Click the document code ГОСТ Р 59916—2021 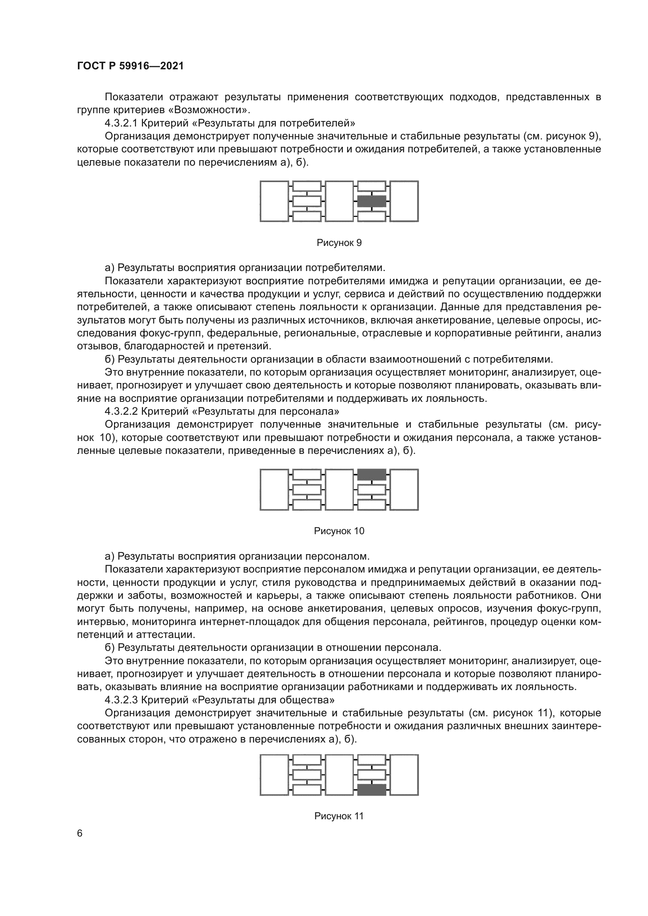130,66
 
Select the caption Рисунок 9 339,243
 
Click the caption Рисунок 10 339,531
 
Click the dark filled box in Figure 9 371,201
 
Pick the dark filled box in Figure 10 371,475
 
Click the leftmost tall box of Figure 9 274,201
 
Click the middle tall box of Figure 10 339,490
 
